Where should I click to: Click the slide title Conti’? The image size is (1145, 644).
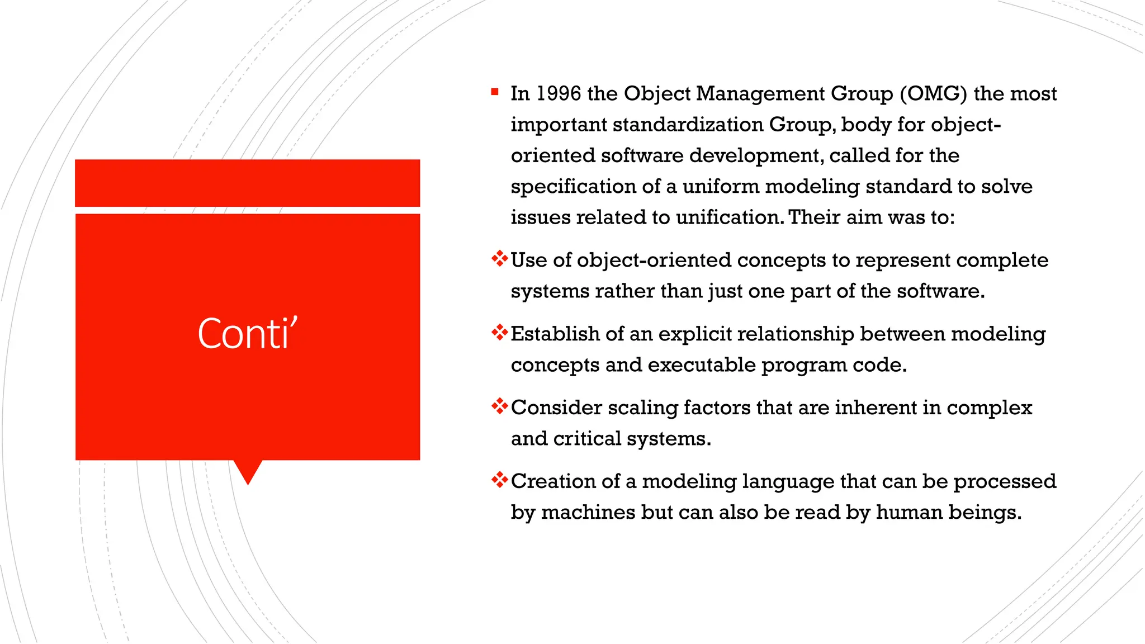[x=248, y=334]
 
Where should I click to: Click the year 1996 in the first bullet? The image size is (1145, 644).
[x=559, y=94]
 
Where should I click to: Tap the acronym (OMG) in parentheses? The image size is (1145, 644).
[x=933, y=94]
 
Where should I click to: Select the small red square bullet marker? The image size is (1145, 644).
[x=495, y=92]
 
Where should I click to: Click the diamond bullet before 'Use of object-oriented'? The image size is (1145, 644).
[x=499, y=259]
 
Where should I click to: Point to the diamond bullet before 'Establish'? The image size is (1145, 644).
[x=499, y=333]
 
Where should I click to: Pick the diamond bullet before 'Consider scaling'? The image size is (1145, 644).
[x=499, y=406]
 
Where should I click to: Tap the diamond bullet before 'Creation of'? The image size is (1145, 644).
[x=499, y=480]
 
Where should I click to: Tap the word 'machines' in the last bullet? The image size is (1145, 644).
[x=588, y=513]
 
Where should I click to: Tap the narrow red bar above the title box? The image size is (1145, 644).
[x=248, y=183]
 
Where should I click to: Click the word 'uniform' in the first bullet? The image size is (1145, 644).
[x=721, y=187]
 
